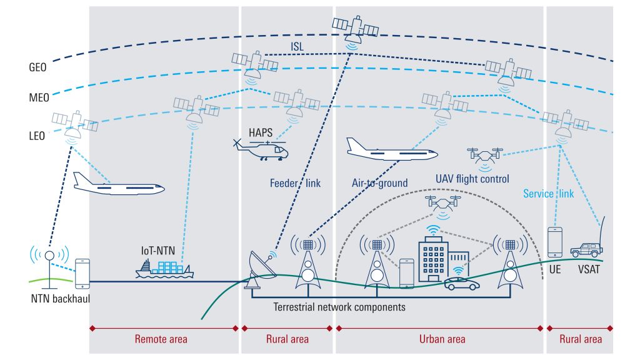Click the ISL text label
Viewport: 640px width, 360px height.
(297, 46)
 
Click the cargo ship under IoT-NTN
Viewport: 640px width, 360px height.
(163, 268)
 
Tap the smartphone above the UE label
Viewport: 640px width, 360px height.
(555, 242)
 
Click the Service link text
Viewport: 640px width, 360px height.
(547, 194)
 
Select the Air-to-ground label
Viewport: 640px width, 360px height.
(379, 183)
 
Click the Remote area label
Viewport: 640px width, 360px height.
(161, 339)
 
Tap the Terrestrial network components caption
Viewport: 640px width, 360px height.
(339, 307)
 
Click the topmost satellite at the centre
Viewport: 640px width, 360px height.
(355, 27)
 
